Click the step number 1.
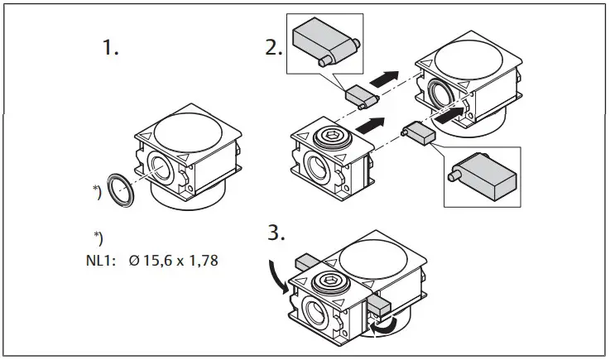(x=110, y=49)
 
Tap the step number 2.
(x=274, y=48)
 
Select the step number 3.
(x=276, y=233)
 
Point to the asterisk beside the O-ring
(x=97, y=194)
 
